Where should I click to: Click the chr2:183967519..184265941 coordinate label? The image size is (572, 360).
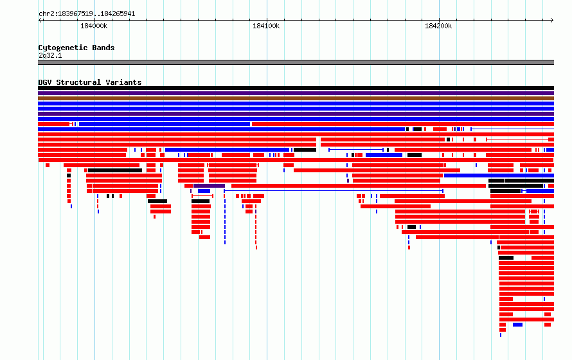pos(87,14)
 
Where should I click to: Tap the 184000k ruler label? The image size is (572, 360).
pos(94,26)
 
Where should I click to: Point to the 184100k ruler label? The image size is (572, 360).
pos(266,26)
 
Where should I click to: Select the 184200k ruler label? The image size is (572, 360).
pos(438,26)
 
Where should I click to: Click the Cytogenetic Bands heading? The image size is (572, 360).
pos(76,48)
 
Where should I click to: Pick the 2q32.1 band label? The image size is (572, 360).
pos(50,55)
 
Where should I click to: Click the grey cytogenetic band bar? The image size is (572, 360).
pos(296,62)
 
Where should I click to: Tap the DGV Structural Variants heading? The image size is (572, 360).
pos(90,82)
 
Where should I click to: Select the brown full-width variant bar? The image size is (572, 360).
pos(296,98)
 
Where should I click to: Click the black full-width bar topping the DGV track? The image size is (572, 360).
pos(296,88)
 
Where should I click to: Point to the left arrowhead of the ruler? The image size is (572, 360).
pos(39,21)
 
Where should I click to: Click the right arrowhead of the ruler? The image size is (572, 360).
pos(552,21)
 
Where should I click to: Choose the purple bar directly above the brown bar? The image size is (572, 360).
pos(296,93)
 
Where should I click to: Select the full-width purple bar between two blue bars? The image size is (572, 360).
pos(296,113)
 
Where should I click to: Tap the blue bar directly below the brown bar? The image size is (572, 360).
pos(296,104)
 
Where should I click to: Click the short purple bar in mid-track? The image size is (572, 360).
pos(209,186)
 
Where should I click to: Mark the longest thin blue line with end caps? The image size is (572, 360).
pos(334,191)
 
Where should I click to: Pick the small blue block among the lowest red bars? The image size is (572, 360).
pos(517,325)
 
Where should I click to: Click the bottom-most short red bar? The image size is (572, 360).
pos(503,330)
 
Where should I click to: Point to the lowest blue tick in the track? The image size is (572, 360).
pos(501,335)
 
